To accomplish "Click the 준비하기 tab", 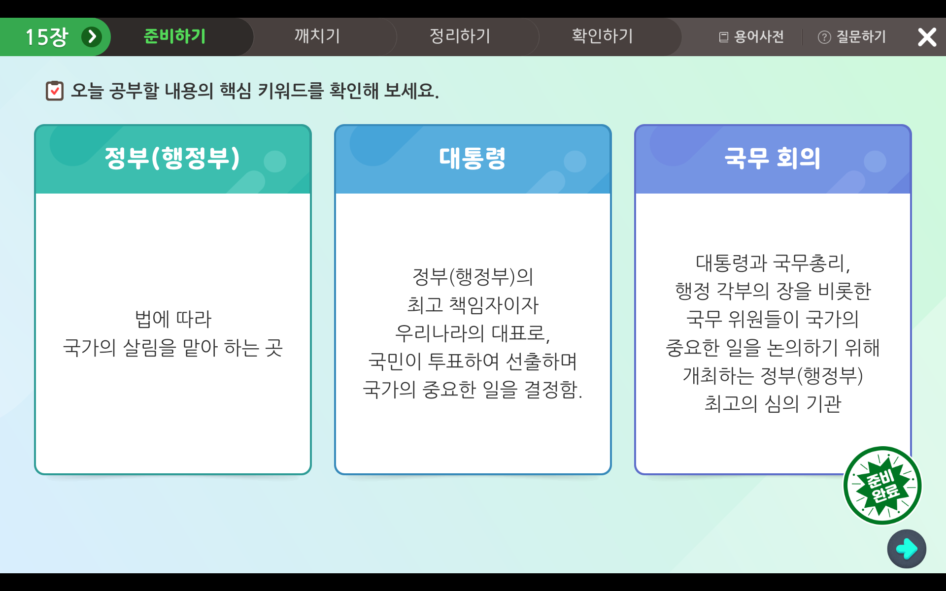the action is click(174, 36).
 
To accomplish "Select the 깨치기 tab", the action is click(317, 36).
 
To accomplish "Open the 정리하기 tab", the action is click(460, 36).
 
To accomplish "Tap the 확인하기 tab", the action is click(602, 36).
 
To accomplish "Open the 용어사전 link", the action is click(751, 37).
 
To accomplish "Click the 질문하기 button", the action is click(852, 37).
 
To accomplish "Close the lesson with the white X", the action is click(927, 37).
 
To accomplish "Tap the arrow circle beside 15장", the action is click(92, 37).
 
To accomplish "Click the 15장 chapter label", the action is click(47, 37).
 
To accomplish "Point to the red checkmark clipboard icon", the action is click(55, 91).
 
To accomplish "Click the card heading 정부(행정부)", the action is click(172, 158).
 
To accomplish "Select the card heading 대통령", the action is click(472, 158).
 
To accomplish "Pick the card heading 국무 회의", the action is click(773, 158).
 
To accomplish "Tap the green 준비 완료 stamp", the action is click(882, 486).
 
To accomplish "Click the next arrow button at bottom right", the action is click(907, 549).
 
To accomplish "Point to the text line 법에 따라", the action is click(173, 319).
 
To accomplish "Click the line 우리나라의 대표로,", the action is click(473, 333).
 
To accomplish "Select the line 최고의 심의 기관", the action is click(773, 404).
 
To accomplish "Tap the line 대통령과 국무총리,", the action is click(773, 263).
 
